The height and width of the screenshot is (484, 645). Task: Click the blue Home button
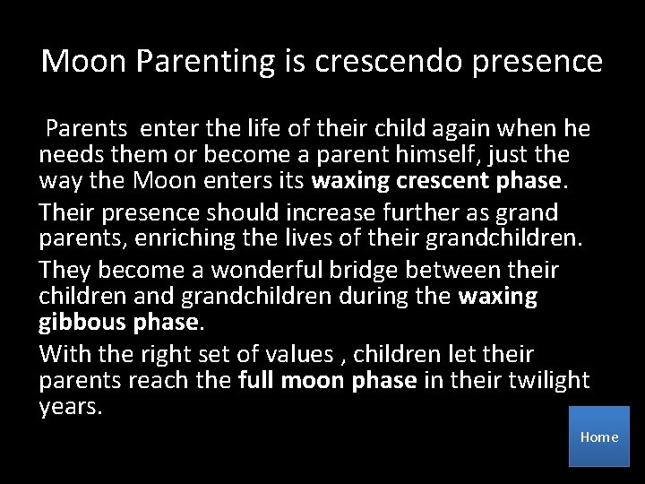click(x=599, y=436)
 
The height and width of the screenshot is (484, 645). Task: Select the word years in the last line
click(x=68, y=406)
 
